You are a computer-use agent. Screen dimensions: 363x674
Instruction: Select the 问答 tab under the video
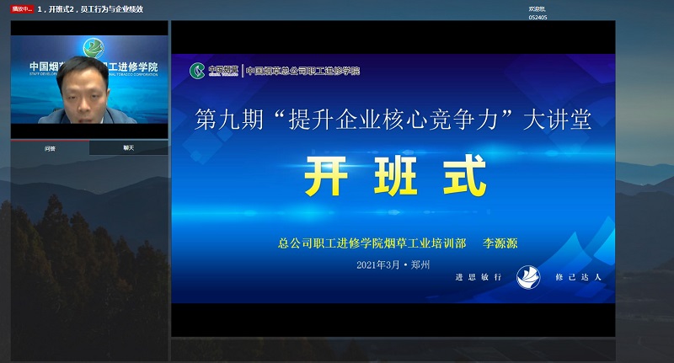click(50, 148)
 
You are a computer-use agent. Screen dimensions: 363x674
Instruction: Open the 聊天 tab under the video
click(129, 148)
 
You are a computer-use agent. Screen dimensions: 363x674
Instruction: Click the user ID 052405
click(538, 17)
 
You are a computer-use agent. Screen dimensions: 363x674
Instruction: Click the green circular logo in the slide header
click(197, 70)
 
